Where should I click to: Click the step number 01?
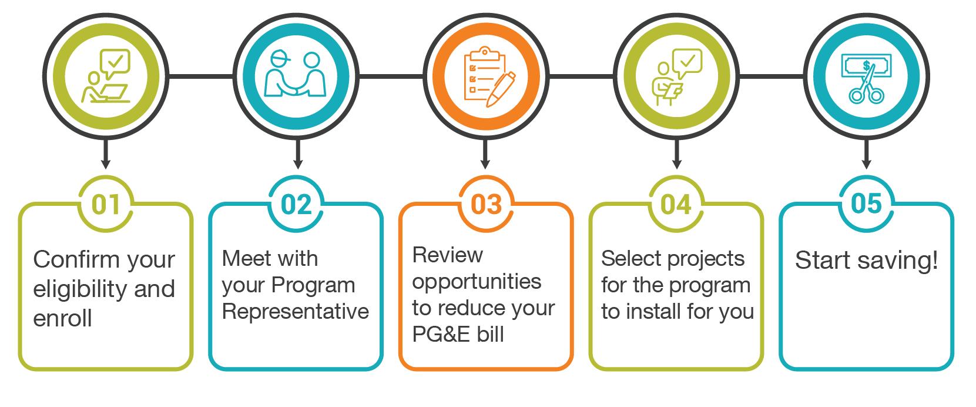click(x=106, y=205)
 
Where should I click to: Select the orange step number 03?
click(x=486, y=205)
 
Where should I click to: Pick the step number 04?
click(x=676, y=205)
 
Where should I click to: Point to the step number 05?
click(x=866, y=205)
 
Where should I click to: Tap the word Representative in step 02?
click(x=296, y=312)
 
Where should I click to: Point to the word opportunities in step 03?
click(x=477, y=281)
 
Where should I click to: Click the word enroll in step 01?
click(x=63, y=319)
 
